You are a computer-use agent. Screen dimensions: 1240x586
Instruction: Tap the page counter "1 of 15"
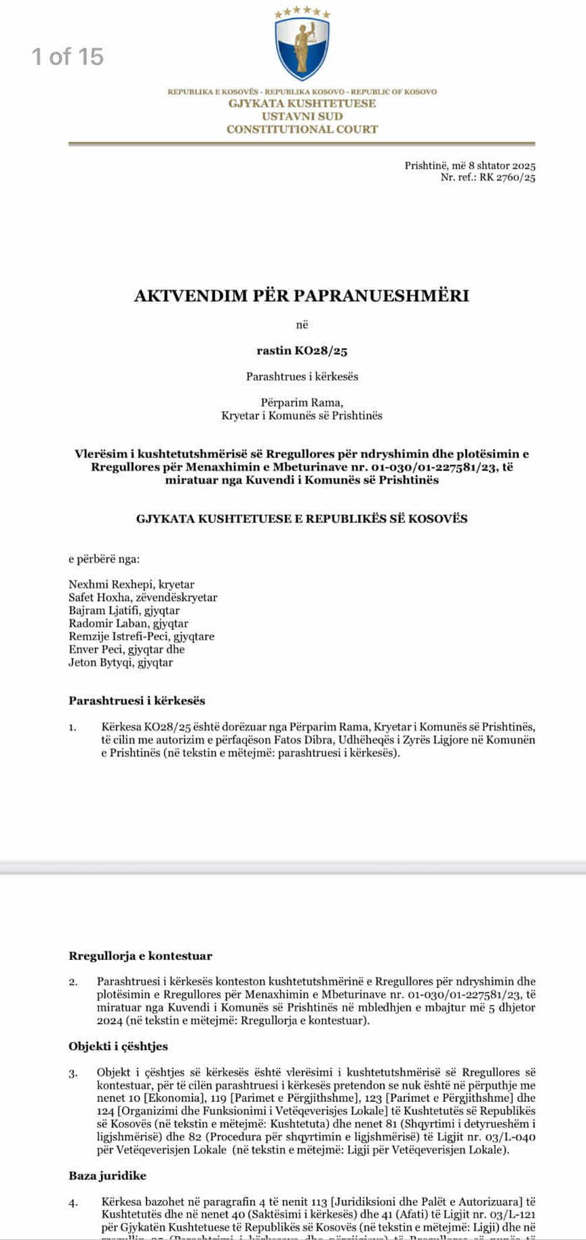point(68,56)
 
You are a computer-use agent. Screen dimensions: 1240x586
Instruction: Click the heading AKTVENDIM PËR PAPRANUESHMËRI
point(302,296)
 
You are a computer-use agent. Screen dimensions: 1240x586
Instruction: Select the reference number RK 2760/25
point(507,178)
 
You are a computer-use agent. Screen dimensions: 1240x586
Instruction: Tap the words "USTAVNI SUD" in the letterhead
point(302,116)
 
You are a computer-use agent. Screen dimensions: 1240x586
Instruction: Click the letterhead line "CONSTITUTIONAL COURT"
point(302,129)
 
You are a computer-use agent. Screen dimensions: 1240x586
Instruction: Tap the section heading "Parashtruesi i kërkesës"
point(136,701)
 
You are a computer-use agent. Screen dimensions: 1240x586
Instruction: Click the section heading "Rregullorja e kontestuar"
point(140,956)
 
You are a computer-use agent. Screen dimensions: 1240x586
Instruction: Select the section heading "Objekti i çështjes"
point(118,1046)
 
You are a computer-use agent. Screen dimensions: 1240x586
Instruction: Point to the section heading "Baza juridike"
point(107,1176)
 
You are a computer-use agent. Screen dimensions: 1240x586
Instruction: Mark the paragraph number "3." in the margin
point(73,1073)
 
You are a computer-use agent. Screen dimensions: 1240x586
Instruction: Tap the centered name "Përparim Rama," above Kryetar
point(302,402)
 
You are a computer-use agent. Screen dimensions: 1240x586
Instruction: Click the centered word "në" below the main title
point(302,325)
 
